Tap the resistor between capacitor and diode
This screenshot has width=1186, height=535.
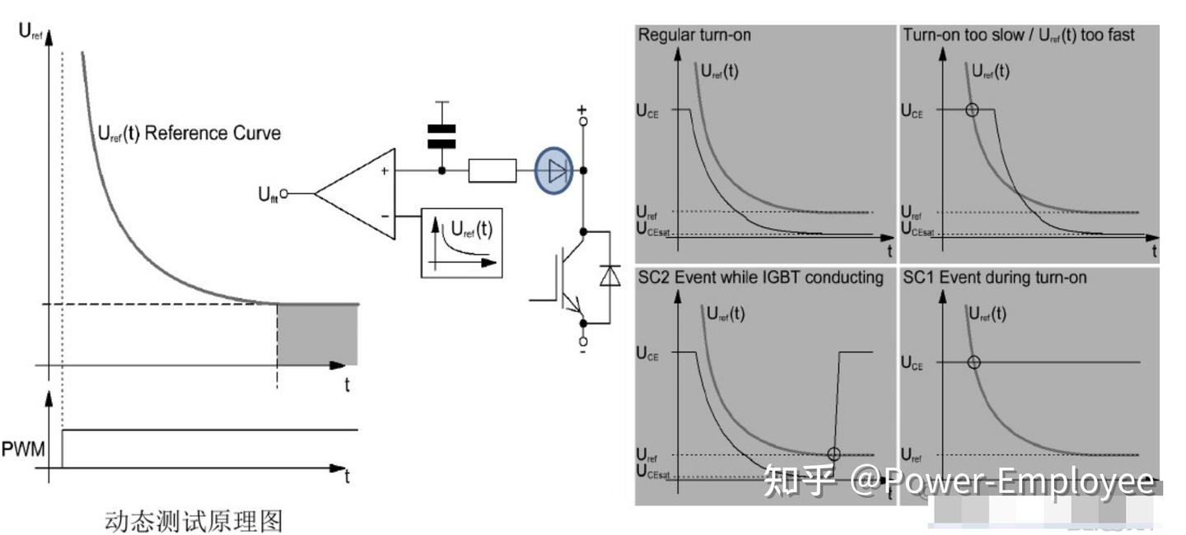(x=492, y=171)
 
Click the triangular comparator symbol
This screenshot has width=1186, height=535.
(x=356, y=194)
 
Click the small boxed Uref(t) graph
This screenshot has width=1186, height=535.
(x=460, y=242)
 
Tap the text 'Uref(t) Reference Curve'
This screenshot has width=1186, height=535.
(x=189, y=133)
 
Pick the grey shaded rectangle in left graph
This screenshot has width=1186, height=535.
(x=317, y=334)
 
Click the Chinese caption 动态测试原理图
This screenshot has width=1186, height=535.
(x=194, y=520)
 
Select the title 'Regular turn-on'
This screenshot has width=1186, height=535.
(x=694, y=35)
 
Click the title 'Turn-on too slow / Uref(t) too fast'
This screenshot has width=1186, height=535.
(x=1018, y=35)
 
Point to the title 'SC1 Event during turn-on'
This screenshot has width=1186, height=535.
(x=994, y=277)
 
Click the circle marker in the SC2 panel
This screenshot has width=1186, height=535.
(x=833, y=454)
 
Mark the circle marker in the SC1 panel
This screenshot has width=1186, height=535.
(x=974, y=361)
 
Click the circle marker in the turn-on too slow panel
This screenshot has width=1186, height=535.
(x=972, y=109)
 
